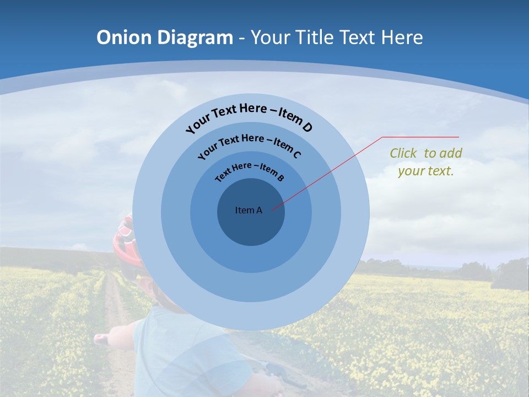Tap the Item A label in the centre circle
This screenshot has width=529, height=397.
[249, 210]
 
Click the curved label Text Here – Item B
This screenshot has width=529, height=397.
[249, 169]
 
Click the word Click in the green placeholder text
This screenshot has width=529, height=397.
[404, 153]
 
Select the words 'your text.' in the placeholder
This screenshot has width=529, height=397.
[425, 171]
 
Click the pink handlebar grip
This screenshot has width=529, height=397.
[101, 339]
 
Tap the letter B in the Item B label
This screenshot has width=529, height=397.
[280, 178]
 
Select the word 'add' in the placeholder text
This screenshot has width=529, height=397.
[451, 153]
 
